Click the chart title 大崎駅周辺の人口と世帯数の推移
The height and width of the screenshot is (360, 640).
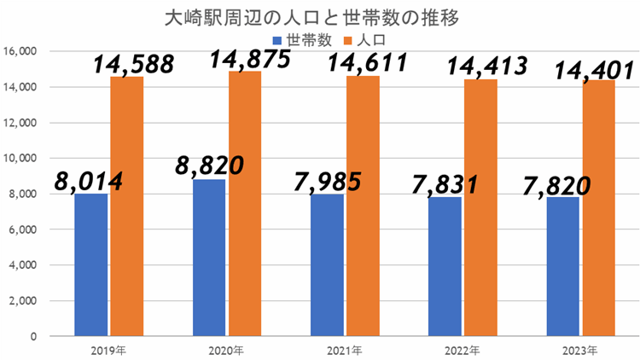pyautogui.click(x=320, y=19)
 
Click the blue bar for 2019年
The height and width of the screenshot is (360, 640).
pyautogui.click(x=91, y=264)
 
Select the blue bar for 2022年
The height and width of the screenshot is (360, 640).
pyautogui.click(x=445, y=266)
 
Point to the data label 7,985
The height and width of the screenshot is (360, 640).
pyautogui.click(x=329, y=182)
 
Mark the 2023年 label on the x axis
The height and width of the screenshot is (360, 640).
pyautogui.click(x=580, y=350)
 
